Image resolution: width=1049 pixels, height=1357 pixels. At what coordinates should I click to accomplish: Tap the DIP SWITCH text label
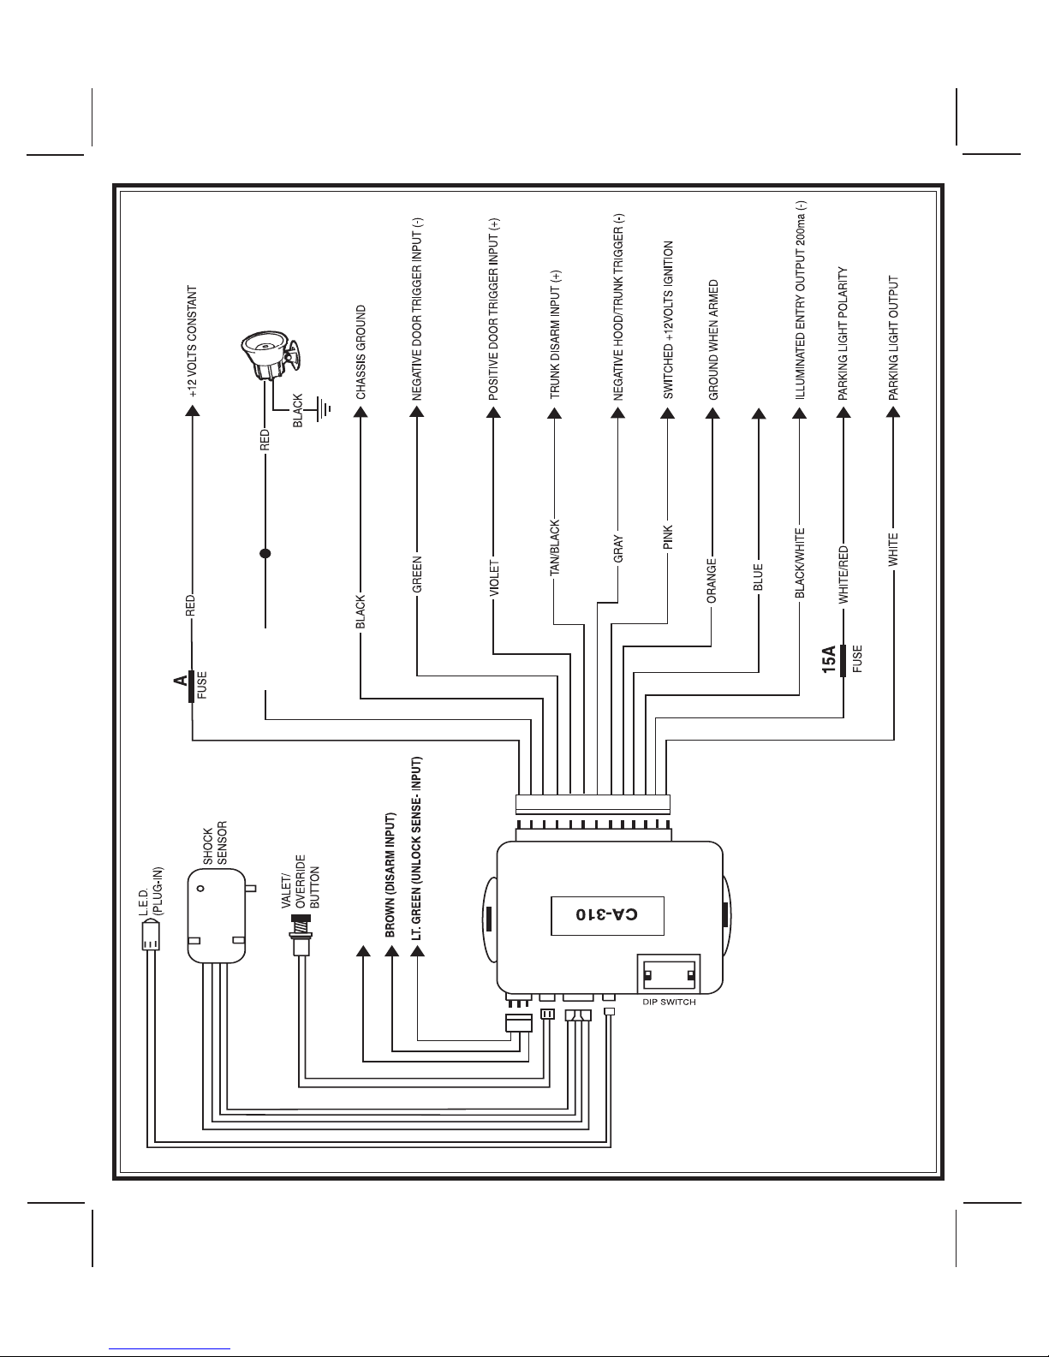click(x=669, y=1003)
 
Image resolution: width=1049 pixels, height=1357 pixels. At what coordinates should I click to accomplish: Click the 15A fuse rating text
click(x=829, y=661)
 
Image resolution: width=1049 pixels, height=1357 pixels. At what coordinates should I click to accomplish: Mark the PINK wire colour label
click(x=669, y=538)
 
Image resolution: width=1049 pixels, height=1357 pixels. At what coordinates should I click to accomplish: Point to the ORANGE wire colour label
click(x=712, y=581)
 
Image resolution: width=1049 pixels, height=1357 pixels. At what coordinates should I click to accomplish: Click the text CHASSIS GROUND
click(x=361, y=353)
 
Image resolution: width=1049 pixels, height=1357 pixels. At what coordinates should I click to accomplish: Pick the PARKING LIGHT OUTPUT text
click(x=893, y=338)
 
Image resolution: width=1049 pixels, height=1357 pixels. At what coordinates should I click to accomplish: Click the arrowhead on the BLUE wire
click(x=758, y=415)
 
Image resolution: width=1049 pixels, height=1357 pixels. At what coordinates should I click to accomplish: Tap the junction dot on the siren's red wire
click(x=265, y=554)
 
